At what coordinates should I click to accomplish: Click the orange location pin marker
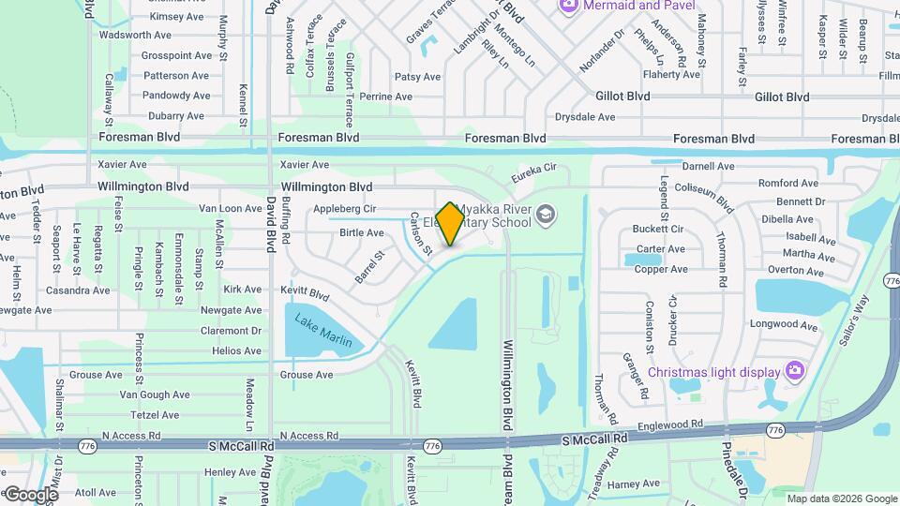450,223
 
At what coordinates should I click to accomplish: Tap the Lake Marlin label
323,331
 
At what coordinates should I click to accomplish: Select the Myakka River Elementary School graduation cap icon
544,217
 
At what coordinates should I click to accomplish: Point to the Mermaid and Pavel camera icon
568,6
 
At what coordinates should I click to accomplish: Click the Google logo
31,494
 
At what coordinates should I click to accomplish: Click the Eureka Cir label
534,173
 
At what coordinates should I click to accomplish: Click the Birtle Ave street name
361,232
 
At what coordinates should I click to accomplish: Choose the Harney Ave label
634,484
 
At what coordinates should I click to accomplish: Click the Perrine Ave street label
386,97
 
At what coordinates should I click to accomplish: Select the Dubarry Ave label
176,115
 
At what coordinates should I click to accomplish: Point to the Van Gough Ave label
155,394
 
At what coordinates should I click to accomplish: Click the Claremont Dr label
230,331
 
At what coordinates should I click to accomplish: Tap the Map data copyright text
841,499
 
